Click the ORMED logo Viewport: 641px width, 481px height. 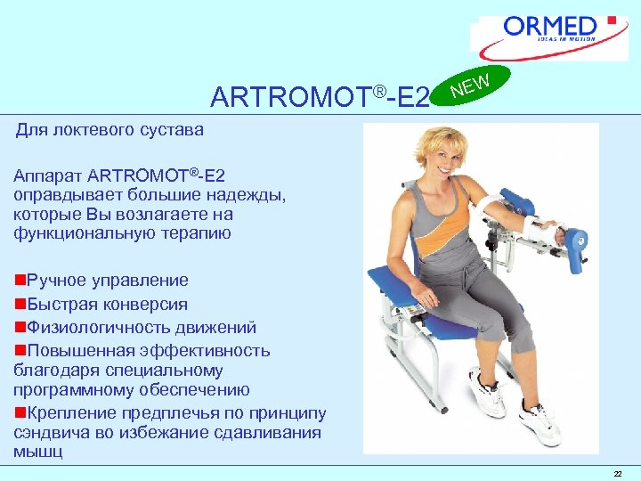pyautogui.click(x=552, y=36)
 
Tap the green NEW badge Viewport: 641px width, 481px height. pyautogui.click(x=471, y=86)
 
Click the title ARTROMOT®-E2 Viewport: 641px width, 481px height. pyautogui.click(x=320, y=95)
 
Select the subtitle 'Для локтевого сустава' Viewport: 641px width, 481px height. pyautogui.click(x=110, y=130)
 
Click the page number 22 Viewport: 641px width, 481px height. pyautogui.click(x=617, y=473)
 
